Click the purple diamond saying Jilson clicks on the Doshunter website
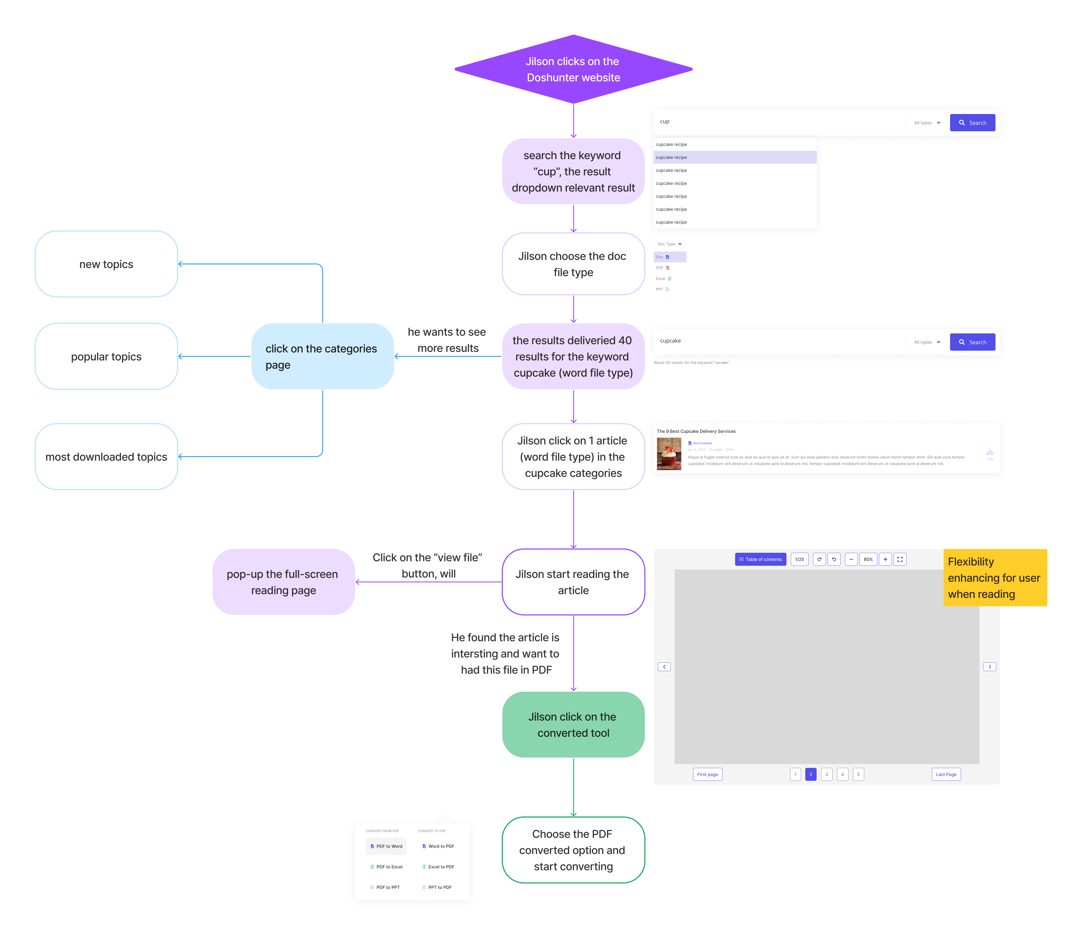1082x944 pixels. coord(573,69)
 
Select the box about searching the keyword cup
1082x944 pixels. coord(573,171)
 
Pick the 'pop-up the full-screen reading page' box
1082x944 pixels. coord(283,582)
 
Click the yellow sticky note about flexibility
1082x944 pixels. coord(995,578)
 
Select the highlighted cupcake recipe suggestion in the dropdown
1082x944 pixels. coord(735,158)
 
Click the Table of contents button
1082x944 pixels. coord(761,559)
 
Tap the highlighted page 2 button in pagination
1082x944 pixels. coord(811,774)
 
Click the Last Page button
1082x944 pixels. coord(946,774)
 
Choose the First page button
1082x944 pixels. coord(707,774)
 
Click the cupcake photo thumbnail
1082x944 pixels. coord(669,454)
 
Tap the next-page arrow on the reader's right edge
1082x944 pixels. coord(989,667)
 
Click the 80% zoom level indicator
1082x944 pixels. coord(868,559)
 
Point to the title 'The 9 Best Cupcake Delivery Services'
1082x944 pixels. coord(696,431)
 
